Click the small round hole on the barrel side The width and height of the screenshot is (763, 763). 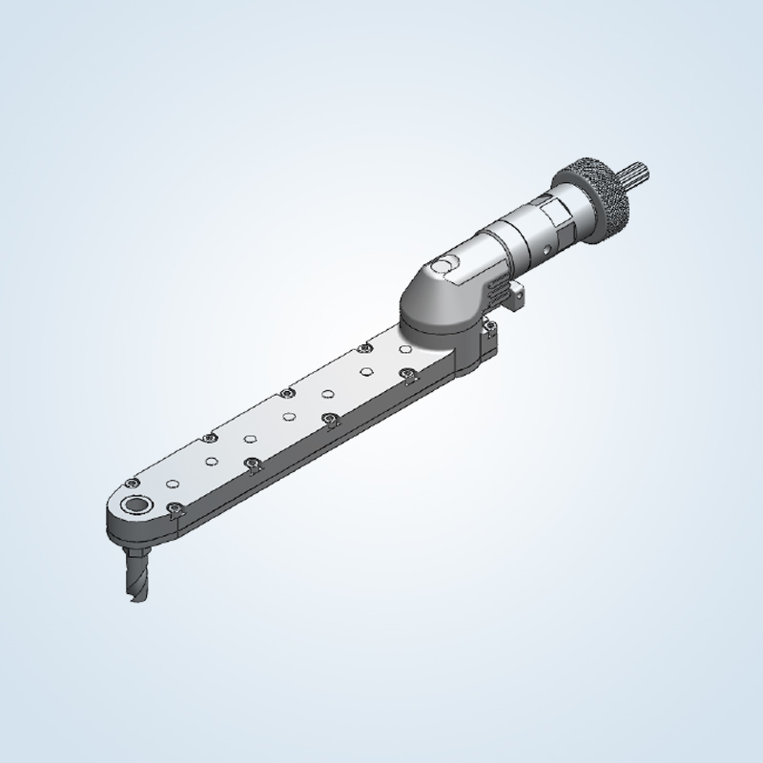pyautogui.click(x=546, y=249)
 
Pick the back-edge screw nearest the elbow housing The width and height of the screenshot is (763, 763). pyautogui.click(x=364, y=348)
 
